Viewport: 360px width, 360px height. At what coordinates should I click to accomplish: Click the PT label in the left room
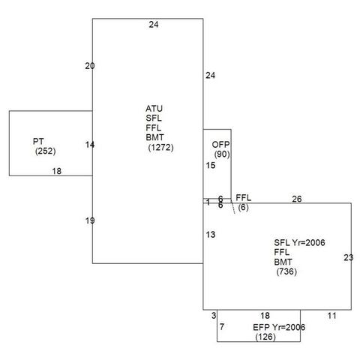point(38,142)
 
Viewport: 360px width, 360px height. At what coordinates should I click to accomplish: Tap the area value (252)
point(46,151)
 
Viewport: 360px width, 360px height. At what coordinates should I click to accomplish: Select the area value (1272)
point(160,148)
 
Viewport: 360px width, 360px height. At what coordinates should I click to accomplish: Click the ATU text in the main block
point(154,109)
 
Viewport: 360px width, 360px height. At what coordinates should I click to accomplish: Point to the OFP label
point(220,145)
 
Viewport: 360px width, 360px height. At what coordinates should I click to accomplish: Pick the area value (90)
point(222,154)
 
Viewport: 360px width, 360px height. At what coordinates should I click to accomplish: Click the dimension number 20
point(90,66)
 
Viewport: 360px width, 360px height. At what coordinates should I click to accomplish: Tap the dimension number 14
point(90,145)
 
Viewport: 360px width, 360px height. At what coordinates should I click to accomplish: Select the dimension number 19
point(90,220)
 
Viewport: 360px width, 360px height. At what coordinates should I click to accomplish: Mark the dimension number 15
point(211,166)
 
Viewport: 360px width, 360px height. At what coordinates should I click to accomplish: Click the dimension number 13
point(211,235)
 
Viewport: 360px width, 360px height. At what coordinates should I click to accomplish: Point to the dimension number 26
point(297,199)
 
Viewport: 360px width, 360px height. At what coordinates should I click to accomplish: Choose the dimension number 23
point(349,257)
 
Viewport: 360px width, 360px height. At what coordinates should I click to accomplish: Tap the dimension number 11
point(332,316)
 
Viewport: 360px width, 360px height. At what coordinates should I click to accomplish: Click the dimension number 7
point(222,326)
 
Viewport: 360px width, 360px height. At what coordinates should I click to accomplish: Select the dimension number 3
point(214,316)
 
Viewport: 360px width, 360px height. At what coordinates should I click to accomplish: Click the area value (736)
point(286,271)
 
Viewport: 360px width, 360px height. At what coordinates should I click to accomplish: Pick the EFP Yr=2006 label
point(279,327)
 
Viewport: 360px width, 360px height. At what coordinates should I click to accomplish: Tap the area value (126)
point(265,337)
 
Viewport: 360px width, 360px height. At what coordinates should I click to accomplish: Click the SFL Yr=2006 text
point(299,243)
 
